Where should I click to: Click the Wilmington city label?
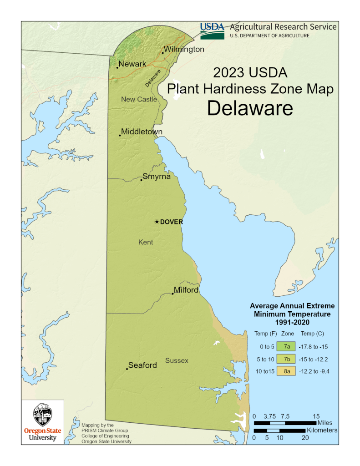pyautogui.click(x=184, y=49)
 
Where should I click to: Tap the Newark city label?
pyautogui.click(x=132, y=64)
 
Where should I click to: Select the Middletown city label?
pyautogui.click(x=142, y=132)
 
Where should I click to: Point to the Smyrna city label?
pyautogui.click(x=157, y=177)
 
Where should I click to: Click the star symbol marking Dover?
pyautogui.click(x=157, y=222)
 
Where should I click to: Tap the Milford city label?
pyautogui.click(x=186, y=290)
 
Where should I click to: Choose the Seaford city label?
pyautogui.click(x=142, y=365)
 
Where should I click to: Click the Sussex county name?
pyautogui.click(x=177, y=361)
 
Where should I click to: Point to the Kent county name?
pyautogui.click(x=146, y=242)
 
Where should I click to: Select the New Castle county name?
pyautogui.click(x=139, y=99)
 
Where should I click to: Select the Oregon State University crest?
pyautogui.click(x=43, y=415)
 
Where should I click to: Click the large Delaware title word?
pyautogui.click(x=249, y=108)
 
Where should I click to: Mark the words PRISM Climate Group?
pyautogui.click(x=105, y=430)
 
